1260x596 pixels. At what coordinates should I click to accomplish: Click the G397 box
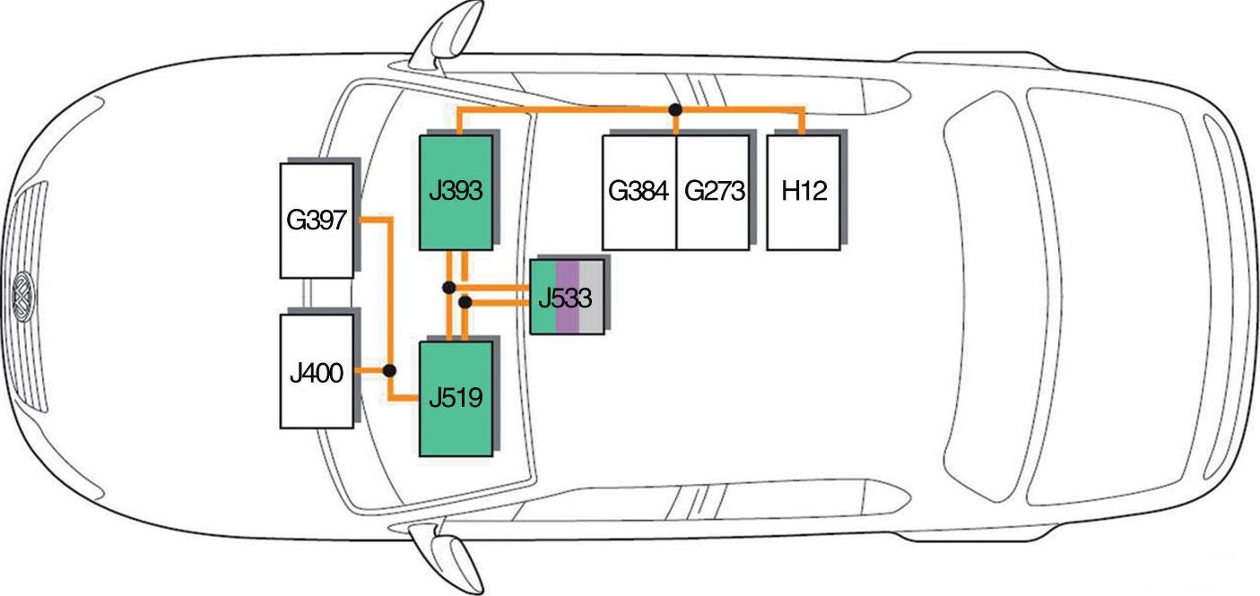[317, 220]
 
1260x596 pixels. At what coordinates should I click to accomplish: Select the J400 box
[317, 371]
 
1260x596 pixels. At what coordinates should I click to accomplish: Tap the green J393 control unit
[456, 192]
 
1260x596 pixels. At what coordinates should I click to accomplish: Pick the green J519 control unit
[456, 398]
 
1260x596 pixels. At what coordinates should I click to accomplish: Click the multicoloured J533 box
[566, 298]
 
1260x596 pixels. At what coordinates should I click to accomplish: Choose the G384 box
[639, 192]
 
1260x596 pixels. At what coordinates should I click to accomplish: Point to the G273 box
[712, 192]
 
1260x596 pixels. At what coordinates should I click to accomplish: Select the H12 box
[804, 192]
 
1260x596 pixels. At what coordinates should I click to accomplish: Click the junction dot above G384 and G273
[675, 109]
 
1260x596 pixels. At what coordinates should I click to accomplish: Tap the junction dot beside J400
[389, 370]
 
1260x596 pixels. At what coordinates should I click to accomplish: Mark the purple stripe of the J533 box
[567, 298]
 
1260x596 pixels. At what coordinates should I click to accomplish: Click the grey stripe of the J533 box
[591, 298]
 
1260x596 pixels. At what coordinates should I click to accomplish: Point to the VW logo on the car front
[22, 296]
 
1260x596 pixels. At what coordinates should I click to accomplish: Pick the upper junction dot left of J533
[449, 288]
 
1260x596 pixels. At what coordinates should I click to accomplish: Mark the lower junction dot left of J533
[465, 303]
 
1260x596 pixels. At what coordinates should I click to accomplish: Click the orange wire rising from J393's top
[458, 121]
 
